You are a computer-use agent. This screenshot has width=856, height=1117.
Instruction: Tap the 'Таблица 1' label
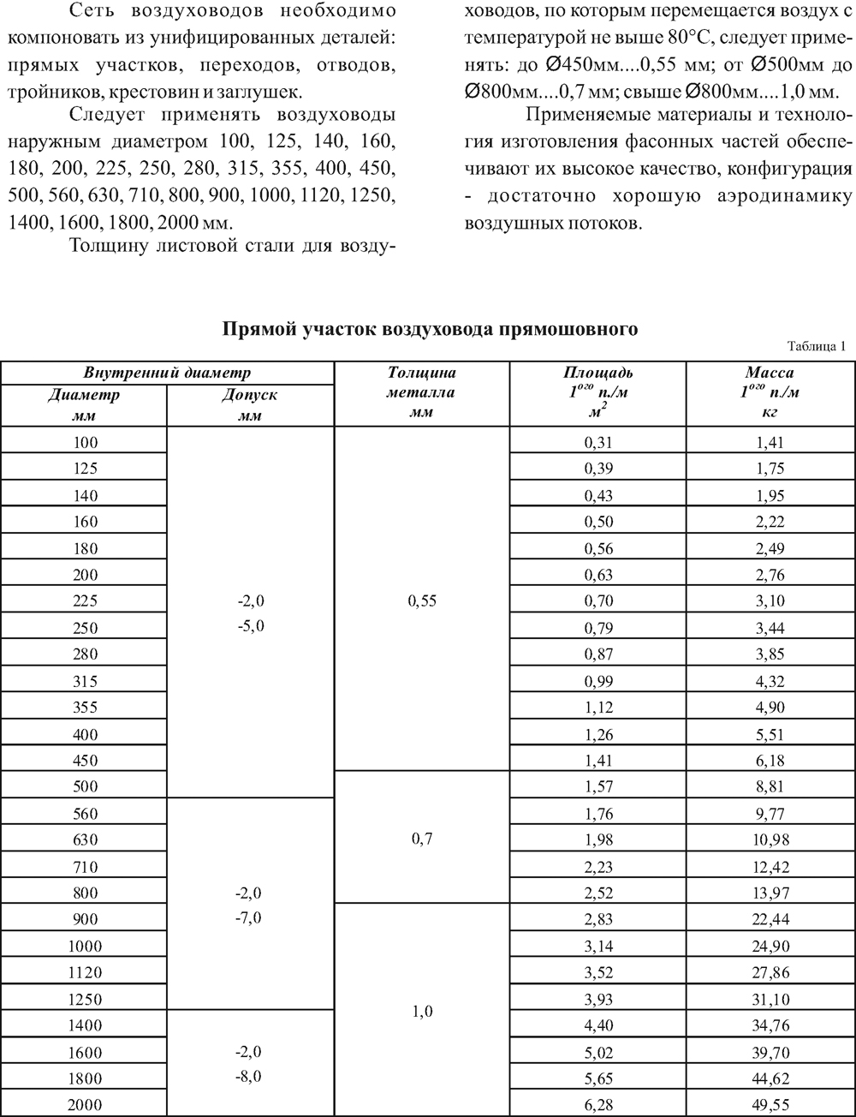pos(814,347)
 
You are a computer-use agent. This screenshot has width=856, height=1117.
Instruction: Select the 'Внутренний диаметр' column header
pos(167,373)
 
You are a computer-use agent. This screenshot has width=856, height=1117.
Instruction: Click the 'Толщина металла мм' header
pos(421,391)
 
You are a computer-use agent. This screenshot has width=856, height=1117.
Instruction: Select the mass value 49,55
pos(770,1104)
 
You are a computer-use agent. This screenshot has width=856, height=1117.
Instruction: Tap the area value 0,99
pos(598,681)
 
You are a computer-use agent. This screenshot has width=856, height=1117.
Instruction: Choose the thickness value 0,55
pos(421,600)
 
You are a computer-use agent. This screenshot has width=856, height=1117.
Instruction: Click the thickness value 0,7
pos(421,839)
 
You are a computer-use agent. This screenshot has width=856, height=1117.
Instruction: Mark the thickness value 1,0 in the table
pos(421,1012)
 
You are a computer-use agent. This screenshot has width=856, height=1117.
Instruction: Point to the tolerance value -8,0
pos(249,1076)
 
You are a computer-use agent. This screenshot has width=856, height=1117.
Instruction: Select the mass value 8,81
pos(770,786)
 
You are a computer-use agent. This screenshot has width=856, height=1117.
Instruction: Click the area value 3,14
pos(598,946)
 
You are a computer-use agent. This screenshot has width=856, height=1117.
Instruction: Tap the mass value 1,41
pos(770,442)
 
